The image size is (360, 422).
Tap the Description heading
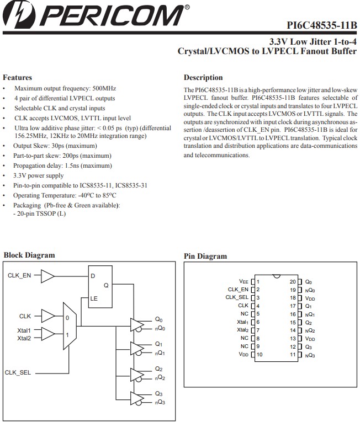coord(203,78)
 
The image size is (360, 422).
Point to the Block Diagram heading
coord(29,255)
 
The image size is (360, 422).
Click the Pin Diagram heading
coord(205,256)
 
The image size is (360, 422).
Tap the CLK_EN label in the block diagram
coord(19,275)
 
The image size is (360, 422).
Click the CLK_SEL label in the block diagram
coord(18,373)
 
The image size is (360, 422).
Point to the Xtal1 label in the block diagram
coord(24,330)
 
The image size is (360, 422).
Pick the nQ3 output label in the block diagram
coord(160,403)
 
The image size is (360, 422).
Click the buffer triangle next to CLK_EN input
coord(49,275)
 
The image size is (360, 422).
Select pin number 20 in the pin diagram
coord(293,281)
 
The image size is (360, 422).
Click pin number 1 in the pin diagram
coord(258,281)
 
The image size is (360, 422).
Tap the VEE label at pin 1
coord(244,281)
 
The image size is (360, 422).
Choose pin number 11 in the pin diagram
coord(293,355)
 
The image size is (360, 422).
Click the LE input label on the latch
coord(94,298)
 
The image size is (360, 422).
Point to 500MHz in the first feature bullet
coord(104,88)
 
